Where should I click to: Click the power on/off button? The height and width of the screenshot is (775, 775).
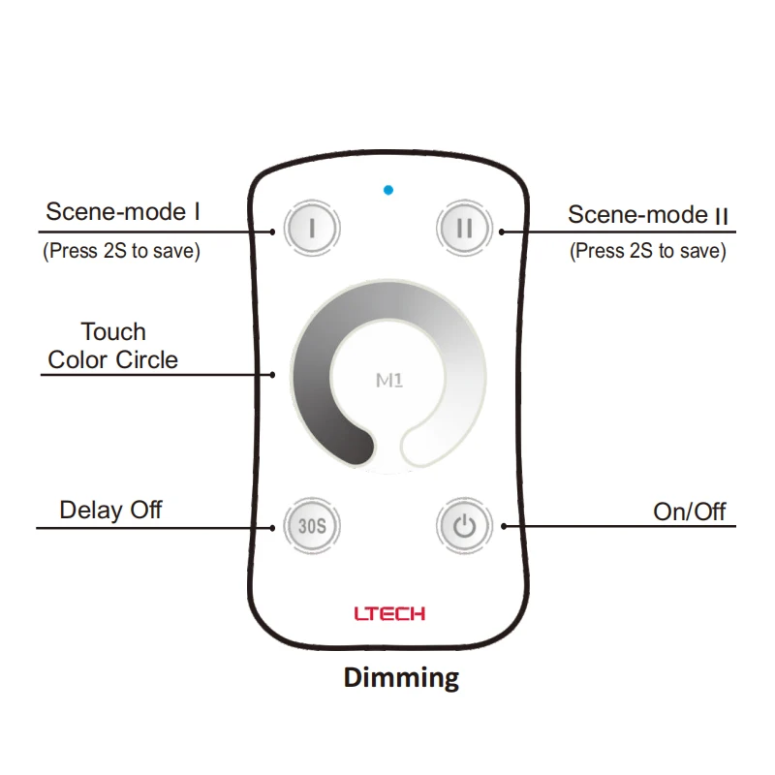[465, 527]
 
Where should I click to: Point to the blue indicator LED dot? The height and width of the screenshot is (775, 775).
[387, 189]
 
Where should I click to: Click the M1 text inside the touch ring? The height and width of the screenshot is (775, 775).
[388, 381]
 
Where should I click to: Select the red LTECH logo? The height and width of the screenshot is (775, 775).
[388, 613]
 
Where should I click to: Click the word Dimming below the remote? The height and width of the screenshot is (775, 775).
[401, 677]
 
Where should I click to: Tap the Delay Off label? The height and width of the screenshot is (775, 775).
[110, 510]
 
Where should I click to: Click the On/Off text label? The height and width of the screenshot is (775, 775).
[689, 511]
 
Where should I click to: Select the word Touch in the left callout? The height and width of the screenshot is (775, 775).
[113, 332]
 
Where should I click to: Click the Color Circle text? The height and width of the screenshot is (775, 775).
[113, 360]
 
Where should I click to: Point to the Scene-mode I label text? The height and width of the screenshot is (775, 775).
[123, 211]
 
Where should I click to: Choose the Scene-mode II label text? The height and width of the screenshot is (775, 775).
[647, 214]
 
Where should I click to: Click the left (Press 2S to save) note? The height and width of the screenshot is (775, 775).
[121, 251]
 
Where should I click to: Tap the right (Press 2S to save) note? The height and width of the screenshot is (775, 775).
[647, 251]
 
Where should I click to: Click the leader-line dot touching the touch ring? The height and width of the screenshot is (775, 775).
[275, 374]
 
